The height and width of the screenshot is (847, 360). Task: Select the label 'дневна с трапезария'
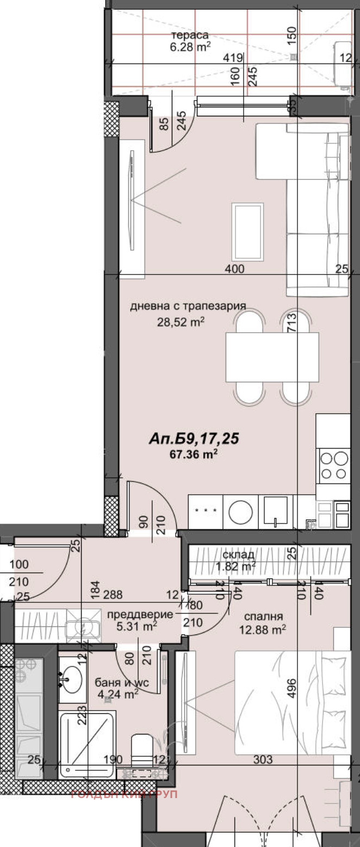pos(188,306)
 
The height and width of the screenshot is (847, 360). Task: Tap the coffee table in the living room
pos(247,232)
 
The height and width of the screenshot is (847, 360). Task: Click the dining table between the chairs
pos(272,357)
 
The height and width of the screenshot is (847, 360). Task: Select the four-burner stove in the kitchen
pos(334,466)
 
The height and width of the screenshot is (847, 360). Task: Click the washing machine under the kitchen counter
pos(240,511)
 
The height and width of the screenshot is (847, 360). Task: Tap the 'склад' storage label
pos(238,555)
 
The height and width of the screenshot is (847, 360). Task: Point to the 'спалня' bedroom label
pos(263,616)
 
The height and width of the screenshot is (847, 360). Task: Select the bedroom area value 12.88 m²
pos(263,630)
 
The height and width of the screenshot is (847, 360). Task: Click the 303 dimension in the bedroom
pos(262,759)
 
